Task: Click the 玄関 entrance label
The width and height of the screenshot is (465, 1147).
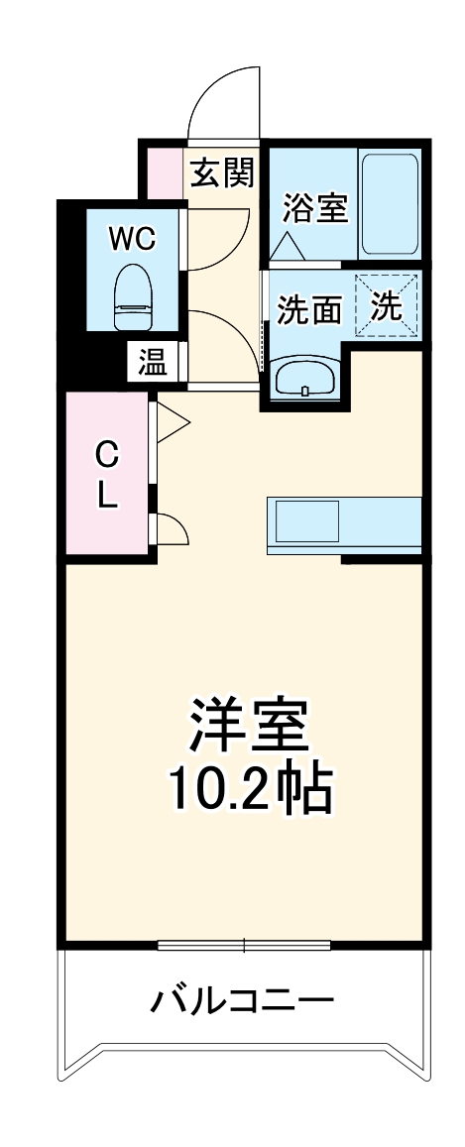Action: click(222, 173)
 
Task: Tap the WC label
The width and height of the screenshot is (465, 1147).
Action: click(131, 239)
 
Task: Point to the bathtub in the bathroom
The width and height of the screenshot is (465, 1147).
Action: click(391, 204)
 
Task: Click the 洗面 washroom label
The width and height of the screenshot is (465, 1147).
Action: click(308, 310)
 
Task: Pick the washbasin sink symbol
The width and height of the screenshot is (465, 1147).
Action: click(303, 378)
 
